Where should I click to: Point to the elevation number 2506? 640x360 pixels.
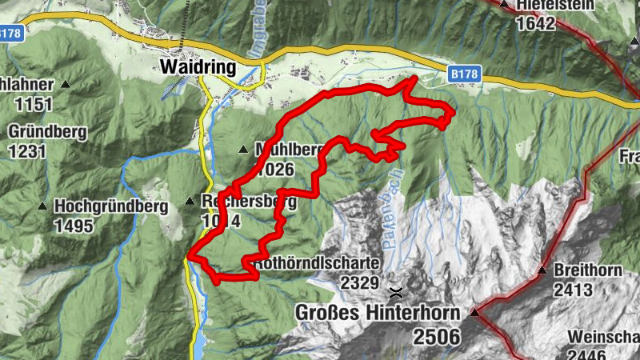437,336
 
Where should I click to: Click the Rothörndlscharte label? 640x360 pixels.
317,263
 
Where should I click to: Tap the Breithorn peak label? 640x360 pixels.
588,270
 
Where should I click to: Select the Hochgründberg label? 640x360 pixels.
111,206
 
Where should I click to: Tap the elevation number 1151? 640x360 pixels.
32,104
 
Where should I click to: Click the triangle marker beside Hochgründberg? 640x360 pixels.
42,206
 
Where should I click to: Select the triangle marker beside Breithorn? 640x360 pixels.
543,270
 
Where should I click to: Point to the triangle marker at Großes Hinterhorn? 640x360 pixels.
474,312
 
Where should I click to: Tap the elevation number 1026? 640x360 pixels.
277,169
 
